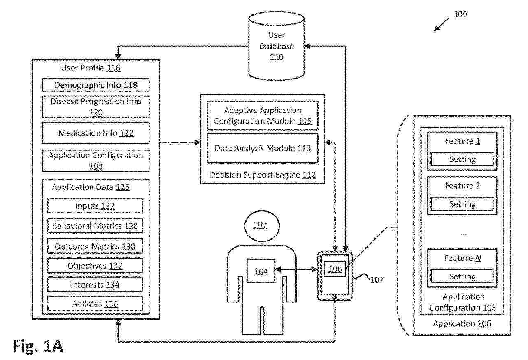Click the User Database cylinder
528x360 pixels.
tap(276, 46)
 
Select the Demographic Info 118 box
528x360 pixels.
tap(95, 85)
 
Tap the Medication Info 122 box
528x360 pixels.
tap(95, 133)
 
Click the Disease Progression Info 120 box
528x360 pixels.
tap(95, 106)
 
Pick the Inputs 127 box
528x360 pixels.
tap(95, 206)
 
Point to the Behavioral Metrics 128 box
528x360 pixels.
tap(95, 226)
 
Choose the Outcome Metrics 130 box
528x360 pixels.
tap(95, 246)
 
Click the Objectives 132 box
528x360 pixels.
tap(95, 266)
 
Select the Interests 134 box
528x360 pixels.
tap(95, 285)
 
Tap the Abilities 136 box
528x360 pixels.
tap(95, 304)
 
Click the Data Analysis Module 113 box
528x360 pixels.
tap(263, 148)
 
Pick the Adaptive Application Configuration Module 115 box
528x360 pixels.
tap(263, 116)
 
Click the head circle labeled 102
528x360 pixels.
tap(262, 226)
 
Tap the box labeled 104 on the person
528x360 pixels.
tap(261, 271)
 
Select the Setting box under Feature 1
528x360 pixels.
tap(462, 159)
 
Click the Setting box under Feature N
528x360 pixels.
tap(462, 276)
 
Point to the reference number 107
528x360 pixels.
tap(377, 280)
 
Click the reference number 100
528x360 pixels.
tap(461, 14)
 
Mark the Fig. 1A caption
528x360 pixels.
tap(38, 346)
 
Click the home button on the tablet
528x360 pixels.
tap(335, 297)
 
